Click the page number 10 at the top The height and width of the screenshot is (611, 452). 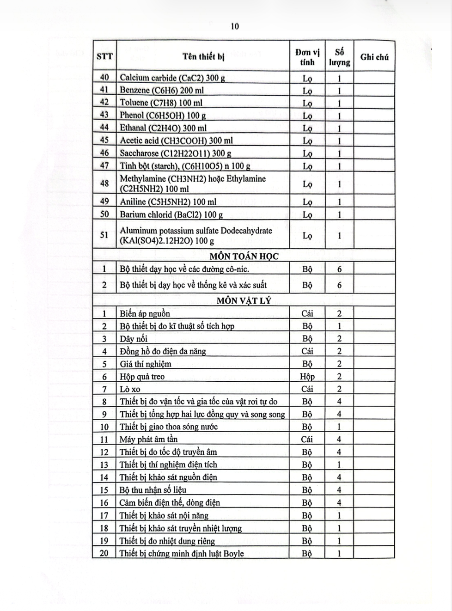tap(235, 26)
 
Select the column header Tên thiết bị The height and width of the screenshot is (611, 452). tap(203, 57)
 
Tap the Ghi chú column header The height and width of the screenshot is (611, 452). tap(374, 57)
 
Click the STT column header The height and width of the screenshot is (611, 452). tap(104, 57)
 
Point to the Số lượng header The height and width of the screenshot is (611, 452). tap(339, 57)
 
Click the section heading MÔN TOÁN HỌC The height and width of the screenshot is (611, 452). tap(244, 256)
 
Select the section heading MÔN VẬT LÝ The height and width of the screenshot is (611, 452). tap(244, 300)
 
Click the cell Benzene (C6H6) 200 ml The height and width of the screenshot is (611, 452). tap(161, 91)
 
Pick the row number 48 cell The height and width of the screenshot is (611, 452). tap(104, 183)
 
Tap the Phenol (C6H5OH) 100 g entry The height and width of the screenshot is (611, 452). tap(163, 116)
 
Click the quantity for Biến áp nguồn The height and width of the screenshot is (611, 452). tap(339, 313)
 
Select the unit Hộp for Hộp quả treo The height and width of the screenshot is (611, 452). tap(307, 376)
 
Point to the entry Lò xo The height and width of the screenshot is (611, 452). tap(130, 389)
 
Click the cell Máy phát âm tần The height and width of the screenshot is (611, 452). tap(148, 439)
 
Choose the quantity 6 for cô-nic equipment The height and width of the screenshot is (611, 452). tap(339, 269)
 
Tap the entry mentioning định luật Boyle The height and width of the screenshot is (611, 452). tap(181, 553)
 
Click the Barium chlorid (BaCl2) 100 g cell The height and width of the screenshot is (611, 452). tap(171, 214)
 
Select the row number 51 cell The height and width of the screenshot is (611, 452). tap(104, 235)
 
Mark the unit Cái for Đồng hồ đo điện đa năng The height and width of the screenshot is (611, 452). tap(307, 351)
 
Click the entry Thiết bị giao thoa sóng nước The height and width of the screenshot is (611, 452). tap(168, 427)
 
